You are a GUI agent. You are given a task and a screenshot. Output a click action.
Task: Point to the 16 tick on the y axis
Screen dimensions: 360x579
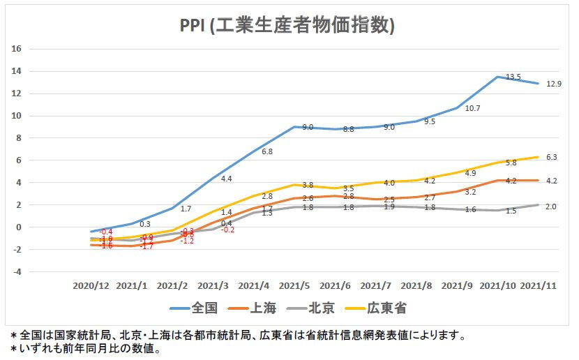coord(17,49)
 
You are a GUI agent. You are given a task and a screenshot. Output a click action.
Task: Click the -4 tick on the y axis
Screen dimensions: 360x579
coord(18,271)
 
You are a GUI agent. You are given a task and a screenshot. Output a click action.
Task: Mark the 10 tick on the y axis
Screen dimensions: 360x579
coord(17,116)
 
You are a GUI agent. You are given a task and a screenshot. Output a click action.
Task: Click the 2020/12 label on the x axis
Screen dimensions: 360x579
coord(91,285)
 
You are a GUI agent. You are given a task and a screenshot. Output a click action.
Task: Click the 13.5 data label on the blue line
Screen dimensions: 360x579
coord(513,77)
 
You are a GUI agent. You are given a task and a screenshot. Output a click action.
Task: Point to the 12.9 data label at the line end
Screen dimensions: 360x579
coord(553,84)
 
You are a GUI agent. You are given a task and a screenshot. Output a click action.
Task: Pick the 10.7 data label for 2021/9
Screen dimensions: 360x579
coord(473,108)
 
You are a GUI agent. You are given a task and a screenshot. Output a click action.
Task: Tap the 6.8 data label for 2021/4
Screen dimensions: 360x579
coord(267,151)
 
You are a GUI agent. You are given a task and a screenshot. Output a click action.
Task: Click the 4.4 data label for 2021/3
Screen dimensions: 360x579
coord(226,179)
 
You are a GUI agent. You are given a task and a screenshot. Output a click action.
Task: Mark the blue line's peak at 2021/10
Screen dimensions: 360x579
coord(497,77)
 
